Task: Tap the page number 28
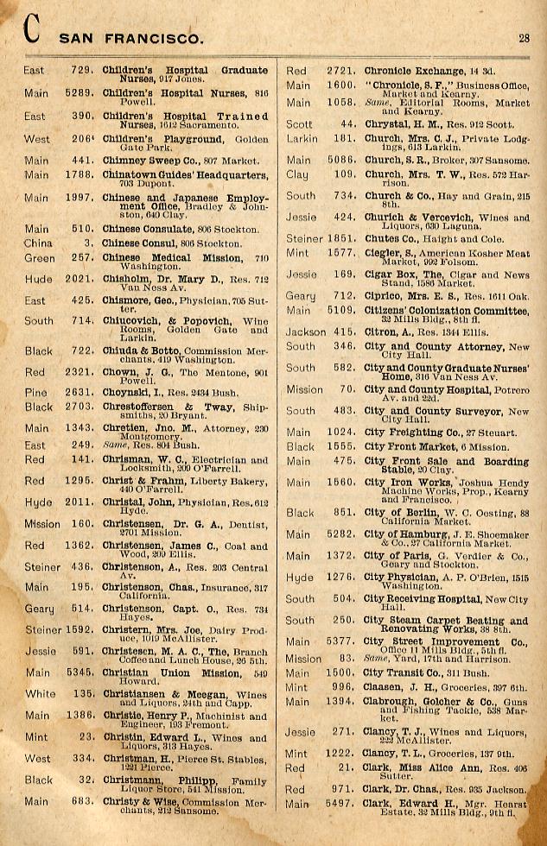point(525,37)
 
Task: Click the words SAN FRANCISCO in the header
point(131,38)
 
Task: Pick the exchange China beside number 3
point(37,243)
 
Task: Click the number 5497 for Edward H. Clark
point(343,804)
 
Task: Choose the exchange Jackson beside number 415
point(306,331)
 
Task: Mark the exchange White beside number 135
point(40,693)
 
